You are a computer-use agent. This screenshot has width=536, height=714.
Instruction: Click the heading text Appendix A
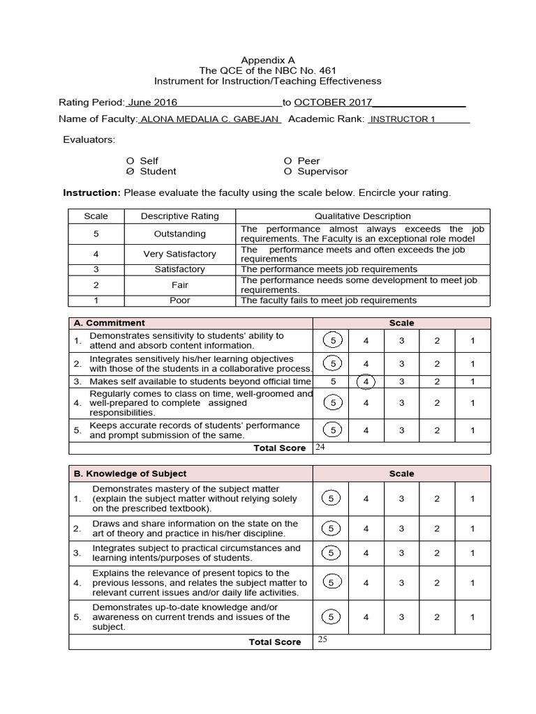tap(268, 60)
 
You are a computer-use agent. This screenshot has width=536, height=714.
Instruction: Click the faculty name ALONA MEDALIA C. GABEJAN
tap(210, 119)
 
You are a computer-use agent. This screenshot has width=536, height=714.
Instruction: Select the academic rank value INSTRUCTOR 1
tap(402, 119)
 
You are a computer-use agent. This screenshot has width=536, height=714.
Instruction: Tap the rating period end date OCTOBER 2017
tap(333, 102)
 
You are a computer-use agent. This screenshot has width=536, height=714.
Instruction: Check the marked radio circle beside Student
tap(130, 172)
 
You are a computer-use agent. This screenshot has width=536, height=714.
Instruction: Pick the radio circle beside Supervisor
tap(288, 172)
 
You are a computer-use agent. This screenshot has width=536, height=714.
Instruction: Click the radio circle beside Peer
tap(288, 161)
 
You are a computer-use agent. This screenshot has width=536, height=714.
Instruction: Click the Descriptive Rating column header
tap(179, 216)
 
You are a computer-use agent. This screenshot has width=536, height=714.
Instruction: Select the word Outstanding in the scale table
tap(179, 234)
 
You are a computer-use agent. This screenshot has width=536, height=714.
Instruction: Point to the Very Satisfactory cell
tap(179, 254)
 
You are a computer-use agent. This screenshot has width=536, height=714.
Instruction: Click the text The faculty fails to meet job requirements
tap(328, 301)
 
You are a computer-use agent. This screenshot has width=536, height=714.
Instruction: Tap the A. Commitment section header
tap(110, 323)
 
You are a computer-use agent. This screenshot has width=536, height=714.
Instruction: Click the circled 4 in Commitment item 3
tap(366, 381)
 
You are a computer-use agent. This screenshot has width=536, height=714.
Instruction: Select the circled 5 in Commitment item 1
tap(333, 340)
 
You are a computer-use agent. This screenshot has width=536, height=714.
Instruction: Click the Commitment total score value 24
tap(320, 447)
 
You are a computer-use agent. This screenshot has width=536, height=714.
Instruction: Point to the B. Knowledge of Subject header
tap(130, 473)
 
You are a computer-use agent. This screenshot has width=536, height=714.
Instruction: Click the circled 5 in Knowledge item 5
tap(333, 617)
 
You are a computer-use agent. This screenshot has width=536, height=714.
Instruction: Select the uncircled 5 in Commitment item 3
tap(333, 381)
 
